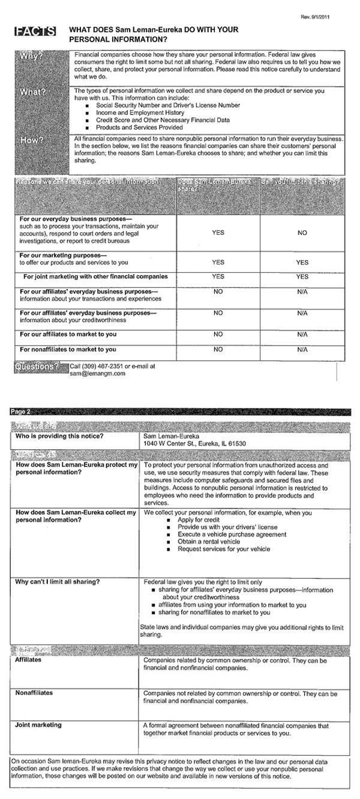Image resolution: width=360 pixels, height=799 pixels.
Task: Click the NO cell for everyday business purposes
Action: click(302, 233)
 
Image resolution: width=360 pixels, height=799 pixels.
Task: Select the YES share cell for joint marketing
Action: click(218, 277)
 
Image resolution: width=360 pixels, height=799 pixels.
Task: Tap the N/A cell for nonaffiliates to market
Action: click(302, 349)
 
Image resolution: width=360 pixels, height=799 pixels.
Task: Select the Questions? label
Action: click(37, 366)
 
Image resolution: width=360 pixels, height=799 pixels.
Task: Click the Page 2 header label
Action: click(20, 411)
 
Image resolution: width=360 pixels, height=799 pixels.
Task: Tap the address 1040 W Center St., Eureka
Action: click(194, 443)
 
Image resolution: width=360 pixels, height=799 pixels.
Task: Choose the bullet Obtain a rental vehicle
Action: click(208, 542)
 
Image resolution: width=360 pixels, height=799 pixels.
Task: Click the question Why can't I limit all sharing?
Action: click(57, 582)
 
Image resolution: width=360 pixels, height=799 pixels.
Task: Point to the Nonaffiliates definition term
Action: click(34, 692)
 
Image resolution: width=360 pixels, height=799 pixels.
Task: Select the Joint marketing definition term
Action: click(38, 725)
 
